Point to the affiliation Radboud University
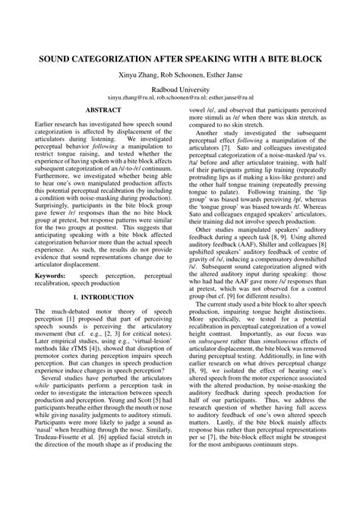point(180,90)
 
